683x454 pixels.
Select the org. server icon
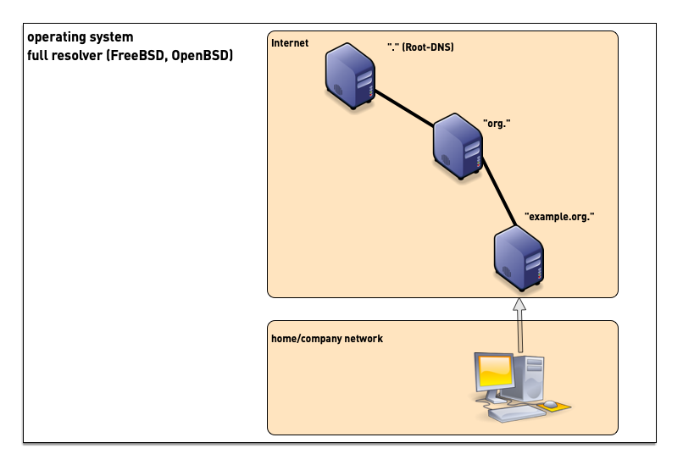[x=458, y=147]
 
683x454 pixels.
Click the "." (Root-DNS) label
[x=419, y=47]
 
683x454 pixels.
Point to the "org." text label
[x=496, y=124]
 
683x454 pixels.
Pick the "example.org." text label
[x=559, y=217]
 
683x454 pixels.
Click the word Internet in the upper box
[x=290, y=43]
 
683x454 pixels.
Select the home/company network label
[x=326, y=339]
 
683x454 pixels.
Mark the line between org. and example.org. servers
[x=499, y=191]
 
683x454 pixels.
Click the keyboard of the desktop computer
[x=512, y=412]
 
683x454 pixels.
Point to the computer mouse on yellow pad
[x=550, y=404]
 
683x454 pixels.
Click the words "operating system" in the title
[x=80, y=38]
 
